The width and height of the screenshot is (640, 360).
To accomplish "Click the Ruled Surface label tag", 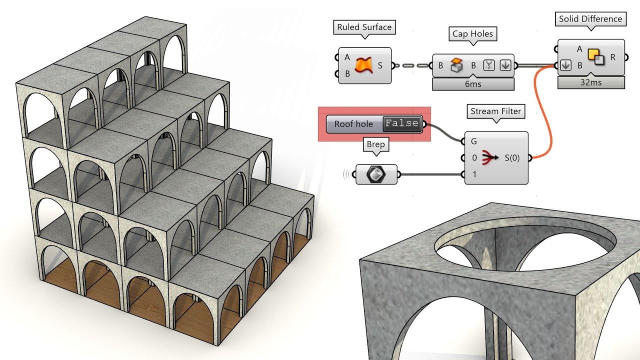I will point(364,27).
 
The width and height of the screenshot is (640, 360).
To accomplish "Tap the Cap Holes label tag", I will point(472,34).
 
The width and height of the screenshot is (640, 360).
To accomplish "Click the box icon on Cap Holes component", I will point(456,65).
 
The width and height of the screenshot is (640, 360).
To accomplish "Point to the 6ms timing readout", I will point(472,84).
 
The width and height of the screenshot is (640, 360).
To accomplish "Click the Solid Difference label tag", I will point(590,19).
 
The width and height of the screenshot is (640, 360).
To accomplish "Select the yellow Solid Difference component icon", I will point(595,56).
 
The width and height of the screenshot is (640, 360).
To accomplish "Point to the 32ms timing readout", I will point(590,82).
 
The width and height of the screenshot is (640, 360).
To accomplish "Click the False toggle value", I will point(401,123).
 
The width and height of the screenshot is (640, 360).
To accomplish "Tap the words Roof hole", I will point(353,124).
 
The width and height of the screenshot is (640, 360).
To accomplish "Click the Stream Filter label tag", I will point(495,111).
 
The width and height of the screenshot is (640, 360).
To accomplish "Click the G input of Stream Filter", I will point(473,141).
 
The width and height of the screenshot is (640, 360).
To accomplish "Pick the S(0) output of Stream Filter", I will point(511,158).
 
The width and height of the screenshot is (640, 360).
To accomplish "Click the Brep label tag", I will point(375,144).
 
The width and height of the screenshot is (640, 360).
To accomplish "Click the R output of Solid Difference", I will point(612,57).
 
